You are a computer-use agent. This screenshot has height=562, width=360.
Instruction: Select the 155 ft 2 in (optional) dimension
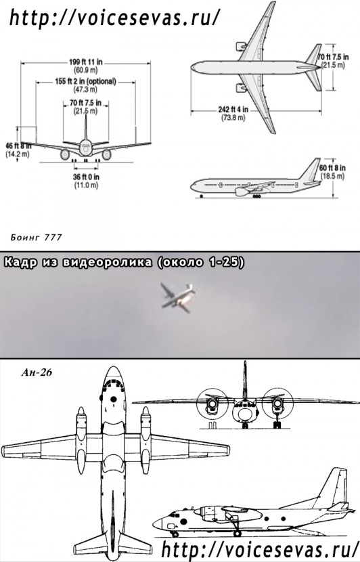(86, 84)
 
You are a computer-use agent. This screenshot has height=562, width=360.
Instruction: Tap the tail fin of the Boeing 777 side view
(312, 172)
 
